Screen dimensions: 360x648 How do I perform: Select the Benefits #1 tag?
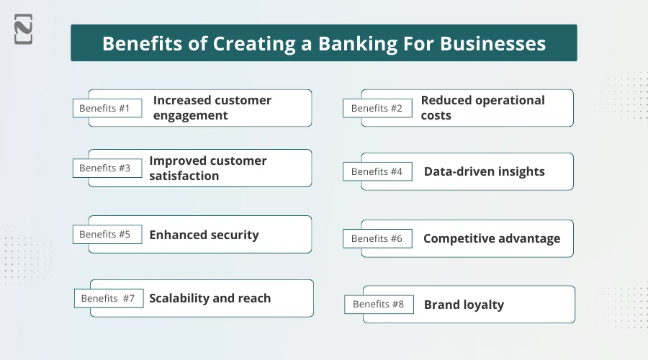(x=107, y=108)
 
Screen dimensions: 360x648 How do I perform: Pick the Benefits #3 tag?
(x=107, y=168)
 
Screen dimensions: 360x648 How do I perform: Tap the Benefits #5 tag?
(x=107, y=234)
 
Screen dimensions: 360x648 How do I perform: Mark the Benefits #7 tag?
(x=109, y=298)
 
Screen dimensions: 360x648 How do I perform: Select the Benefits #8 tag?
(x=379, y=304)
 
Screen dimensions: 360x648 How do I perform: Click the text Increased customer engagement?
(x=212, y=108)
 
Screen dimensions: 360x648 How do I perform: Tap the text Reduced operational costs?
(x=482, y=108)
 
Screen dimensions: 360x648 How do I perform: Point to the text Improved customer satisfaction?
(x=207, y=168)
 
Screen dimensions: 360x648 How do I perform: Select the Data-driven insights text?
(x=484, y=171)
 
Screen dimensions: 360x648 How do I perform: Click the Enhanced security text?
(x=204, y=235)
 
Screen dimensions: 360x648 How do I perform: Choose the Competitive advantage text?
(x=491, y=238)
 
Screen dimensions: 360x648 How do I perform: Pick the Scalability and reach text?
(x=210, y=298)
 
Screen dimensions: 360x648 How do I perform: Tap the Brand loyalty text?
(x=464, y=305)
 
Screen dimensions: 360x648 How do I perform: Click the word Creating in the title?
(x=256, y=43)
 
